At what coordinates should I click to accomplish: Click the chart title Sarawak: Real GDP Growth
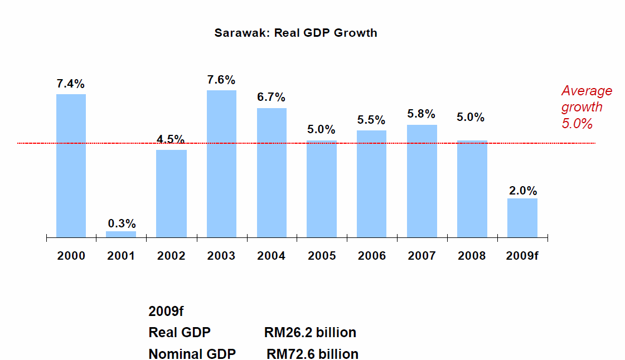click(x=295, y=33)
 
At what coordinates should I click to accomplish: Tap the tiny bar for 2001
click(x=121, y=234)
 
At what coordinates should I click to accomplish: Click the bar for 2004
click(x=272, y=172)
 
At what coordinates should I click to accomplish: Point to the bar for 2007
click(x=422, y=181)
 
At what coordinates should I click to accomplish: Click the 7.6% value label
click(x=221, y=80)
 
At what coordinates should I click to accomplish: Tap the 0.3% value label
click(x=122, y=223)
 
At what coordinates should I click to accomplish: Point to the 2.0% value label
click(x=522, y=190)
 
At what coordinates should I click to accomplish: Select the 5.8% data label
click(x=422, y=114)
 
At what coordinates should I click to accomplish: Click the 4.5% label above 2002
click(x=171, y=139)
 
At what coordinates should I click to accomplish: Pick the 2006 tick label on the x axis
click(x=372, y=256)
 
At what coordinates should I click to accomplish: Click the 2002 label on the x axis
click(x=171, y=256)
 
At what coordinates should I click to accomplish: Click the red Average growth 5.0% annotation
click(x=585, y=107)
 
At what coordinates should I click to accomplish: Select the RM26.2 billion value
click(x=310, y=333)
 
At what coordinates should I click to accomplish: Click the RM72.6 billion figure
click(x=312, y=354)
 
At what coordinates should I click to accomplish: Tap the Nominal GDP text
click(x=192, y=354)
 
